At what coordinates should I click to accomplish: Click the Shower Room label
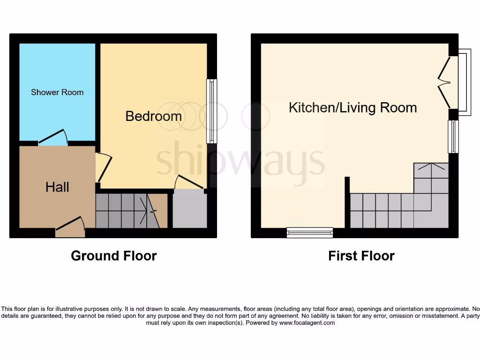(x=57, y=92)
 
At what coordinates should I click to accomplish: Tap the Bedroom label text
(x=153, y=116)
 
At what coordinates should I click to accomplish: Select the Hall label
(x=57, y=187)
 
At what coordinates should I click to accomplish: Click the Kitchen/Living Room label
(x=352, y=108)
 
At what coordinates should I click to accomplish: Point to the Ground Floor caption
(x=113, y=256)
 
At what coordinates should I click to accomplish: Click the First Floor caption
(x=361, y=256)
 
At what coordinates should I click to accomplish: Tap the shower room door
(x=53, y=137)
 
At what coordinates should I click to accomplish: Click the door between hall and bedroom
(x=104, y=168)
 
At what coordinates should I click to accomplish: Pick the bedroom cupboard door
(x=189, y=184)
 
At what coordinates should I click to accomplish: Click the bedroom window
(x=212, y=111)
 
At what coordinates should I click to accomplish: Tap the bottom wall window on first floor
(x=310, y=232)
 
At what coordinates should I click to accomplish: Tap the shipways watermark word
(x=240, y=159)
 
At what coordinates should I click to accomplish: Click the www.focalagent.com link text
(x=307, y=323)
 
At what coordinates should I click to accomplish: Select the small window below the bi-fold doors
(x=453, y=137)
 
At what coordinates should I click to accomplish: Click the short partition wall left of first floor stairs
(x=347, y=202)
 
